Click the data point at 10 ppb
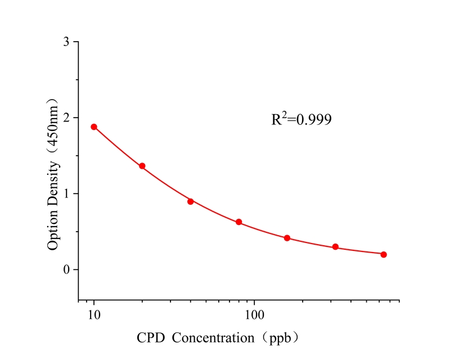pyautogui.click(x=94, y=127)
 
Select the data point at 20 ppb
pyautogui.click(x=142, y=166)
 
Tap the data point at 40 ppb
pyautogui.click(x=191, y=201)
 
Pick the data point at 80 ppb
pyautogui.click(x=238, y=222)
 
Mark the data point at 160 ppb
pyautogui.click(x=287, y=238)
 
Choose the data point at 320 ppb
pyautogui.click(x=335, y=247)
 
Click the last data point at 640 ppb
pyautogui.click(x=384, y=254)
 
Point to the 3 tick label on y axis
pyautogui.click(x=67, y=42)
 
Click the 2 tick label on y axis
pyautogui.click(x=67, y=118)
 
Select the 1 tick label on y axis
pyautogui.click(x=67, y=194)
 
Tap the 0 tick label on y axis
pyautogui.click(x=67, y=270)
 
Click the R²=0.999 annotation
pyautogui.click(x=301, y=119)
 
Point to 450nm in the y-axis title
pyautogui.click(x=53, y=129)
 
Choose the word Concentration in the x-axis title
pyautogui.click(x=213, y=339)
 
